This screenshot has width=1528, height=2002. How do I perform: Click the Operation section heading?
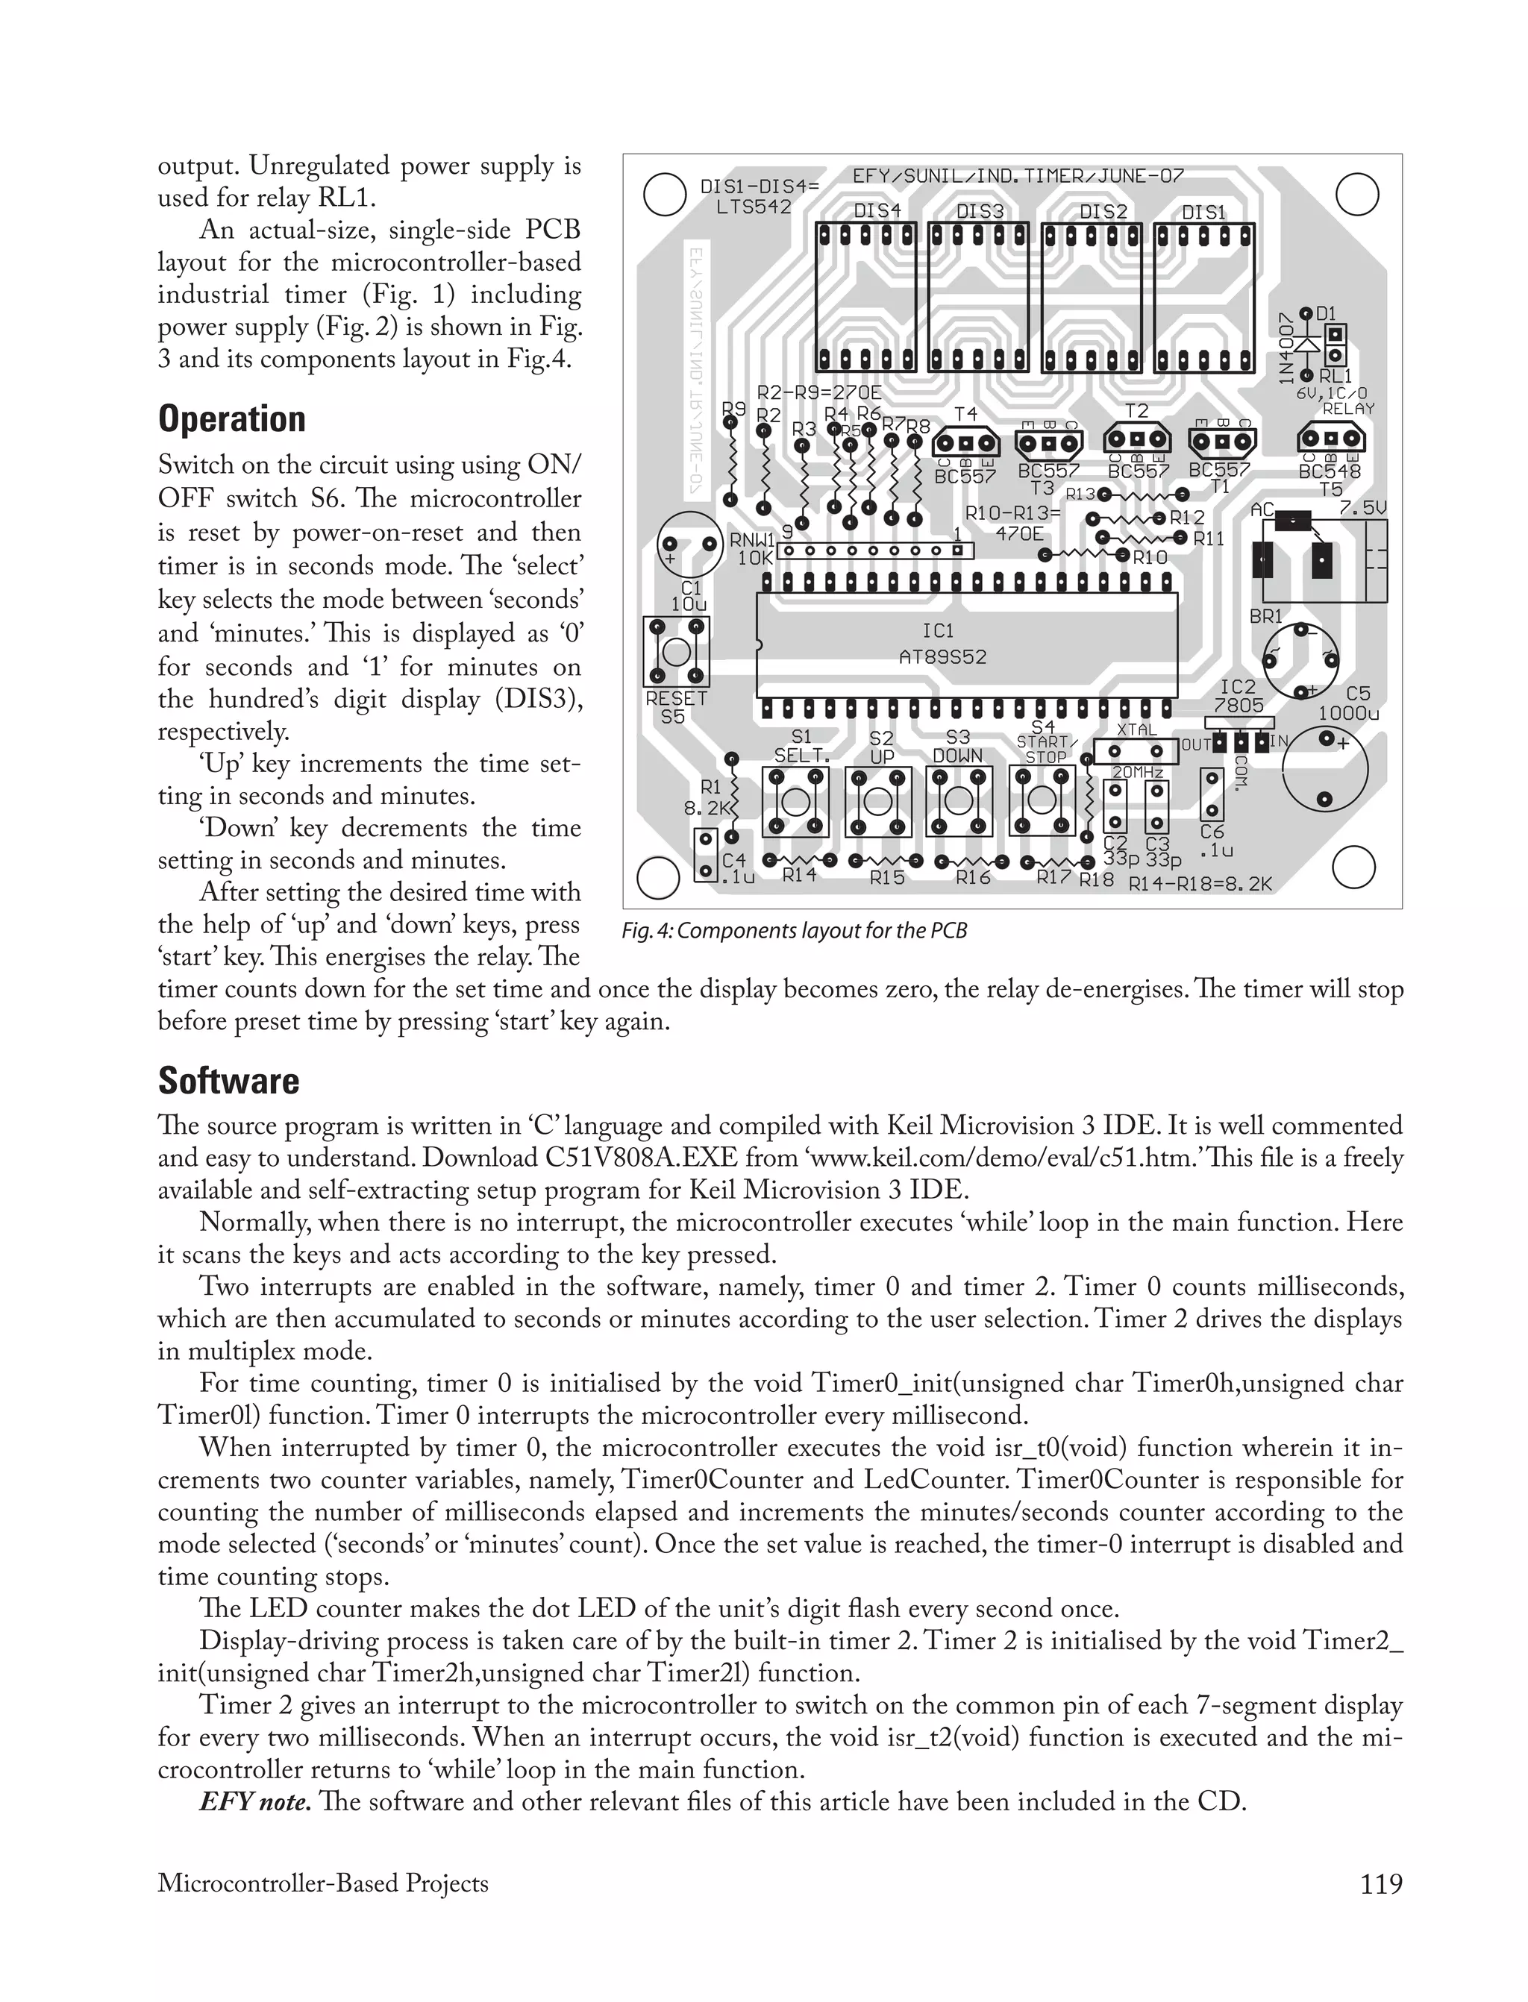pos(231,419)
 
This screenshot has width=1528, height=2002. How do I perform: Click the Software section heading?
pos(228,1081)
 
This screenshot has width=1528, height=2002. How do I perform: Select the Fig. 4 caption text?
pos(794,931)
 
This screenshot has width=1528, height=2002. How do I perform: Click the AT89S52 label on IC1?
pos(942,656)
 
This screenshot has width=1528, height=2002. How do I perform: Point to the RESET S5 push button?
pos(676,653)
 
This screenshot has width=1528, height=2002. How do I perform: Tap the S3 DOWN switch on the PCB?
pos(959,801)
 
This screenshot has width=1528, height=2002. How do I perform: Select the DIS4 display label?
pos(877,210)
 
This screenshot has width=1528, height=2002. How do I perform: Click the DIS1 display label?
pos(1203,212)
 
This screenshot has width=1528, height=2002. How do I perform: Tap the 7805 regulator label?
pos(1238,705)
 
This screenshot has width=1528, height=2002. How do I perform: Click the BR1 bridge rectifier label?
pos(1265,616)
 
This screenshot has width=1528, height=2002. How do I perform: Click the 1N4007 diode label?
pos(1286,348)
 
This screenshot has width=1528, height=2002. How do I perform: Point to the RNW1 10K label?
pos(752,548)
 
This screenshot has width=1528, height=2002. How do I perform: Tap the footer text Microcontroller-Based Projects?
pos(323,1883)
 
